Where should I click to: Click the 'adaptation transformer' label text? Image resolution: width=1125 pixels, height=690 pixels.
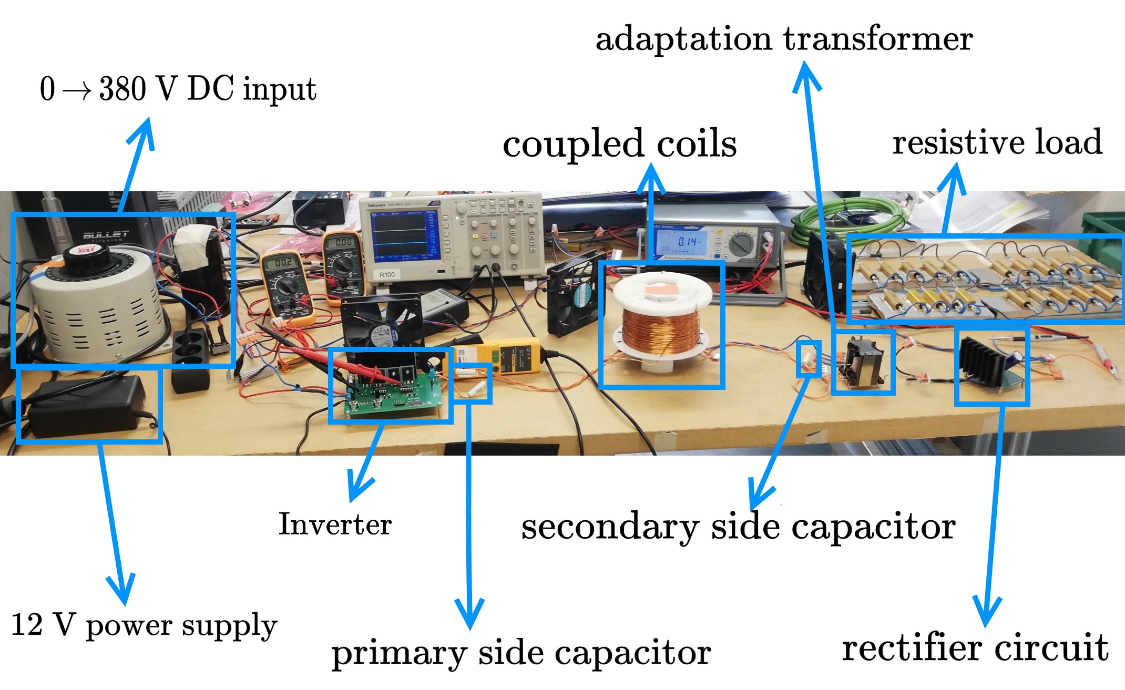point(784,39)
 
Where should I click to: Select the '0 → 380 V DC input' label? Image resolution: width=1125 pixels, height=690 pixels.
point(178,89)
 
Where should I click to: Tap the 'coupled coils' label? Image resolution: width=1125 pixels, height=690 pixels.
point(619,143)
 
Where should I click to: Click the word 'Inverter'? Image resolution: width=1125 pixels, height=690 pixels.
point(335,524)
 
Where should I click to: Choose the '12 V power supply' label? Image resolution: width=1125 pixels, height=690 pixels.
point(144,625)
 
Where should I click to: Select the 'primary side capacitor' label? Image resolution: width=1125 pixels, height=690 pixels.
point(521,653)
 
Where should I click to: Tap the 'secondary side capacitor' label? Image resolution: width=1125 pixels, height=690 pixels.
point(738,527)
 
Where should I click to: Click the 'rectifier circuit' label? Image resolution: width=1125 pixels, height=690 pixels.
point(975,647)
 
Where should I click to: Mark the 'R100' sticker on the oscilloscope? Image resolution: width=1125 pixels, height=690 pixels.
point(387,275)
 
